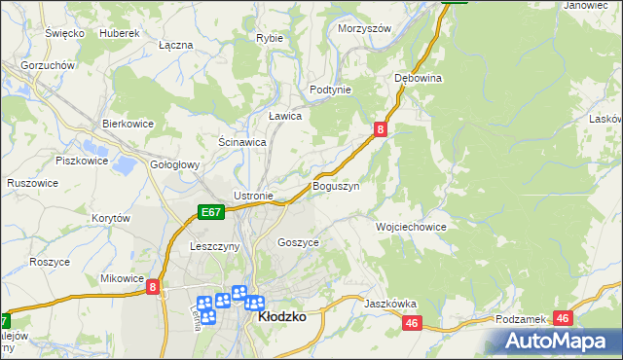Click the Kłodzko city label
(x=281, y=317)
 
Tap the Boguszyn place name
(x=336, y=186)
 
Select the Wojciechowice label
(x=411, y=227)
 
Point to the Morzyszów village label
(x=364, y=29)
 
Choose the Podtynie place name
(x=329, y=89)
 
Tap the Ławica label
(x=285, y=116)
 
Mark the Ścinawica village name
(x=242, y=142)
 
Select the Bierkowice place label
(x=129, y=125)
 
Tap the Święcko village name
(x=65, y=33)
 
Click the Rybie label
(x=269, y=38)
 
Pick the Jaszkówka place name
(x=390, y=304)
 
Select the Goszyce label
(x=298, y=242)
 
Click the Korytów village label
(x=110, y=219)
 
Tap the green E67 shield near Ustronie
(x=211, y=211)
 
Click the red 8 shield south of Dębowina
(x=382, y=128)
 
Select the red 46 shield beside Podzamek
(x=562, y=318)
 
